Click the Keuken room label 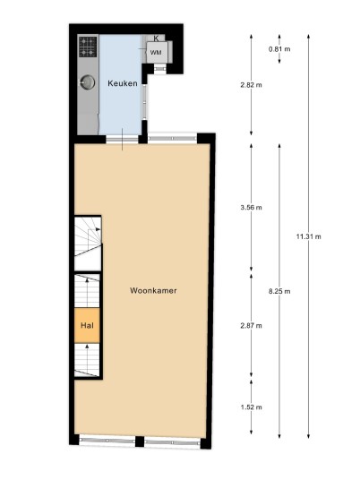[123, 83]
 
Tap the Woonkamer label [153, 290]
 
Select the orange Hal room [87, 325]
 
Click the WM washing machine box [157, 52]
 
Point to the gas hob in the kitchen [88, 47]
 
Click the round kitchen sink [87, 82]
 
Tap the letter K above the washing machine [156, 39]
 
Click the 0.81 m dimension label [279, 49]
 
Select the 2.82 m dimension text [251, 85]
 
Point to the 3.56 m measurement [251, 208]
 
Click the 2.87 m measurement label [251, 326]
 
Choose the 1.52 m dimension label [251, 407]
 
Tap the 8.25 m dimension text [279, 291]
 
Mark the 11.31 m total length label [309, 236]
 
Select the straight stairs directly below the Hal [87, 360]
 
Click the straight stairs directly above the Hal [87, 291]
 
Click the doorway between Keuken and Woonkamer [122, 140]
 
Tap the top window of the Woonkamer [172, 139]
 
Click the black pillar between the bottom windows [140, 441]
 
